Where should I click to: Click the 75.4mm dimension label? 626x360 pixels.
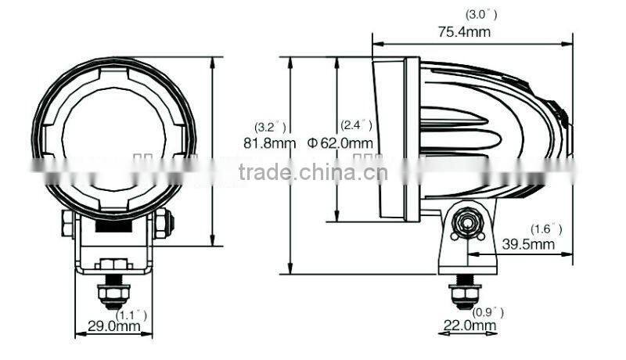click(464, 31)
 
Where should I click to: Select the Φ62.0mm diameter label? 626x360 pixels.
click(340, 143)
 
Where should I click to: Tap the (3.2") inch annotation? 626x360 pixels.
click(271, 126)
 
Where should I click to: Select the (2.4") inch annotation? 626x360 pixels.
click(356, 125)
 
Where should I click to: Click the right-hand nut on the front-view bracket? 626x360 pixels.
click(162, 225)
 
